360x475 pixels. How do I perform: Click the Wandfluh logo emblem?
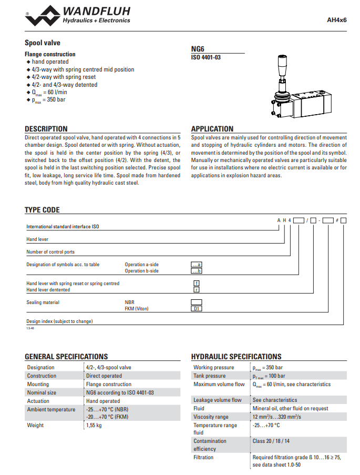(x=43, y=16)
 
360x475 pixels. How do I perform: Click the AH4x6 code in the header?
(x=336, y=20)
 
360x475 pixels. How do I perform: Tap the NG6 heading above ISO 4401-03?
(x=198, y=48)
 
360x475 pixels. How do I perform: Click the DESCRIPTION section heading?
(x=46, y=129)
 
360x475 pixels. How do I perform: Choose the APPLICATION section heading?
(x=212, y=129)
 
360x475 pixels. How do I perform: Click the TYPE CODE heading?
(x=42, y=210)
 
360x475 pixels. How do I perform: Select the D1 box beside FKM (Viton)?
(x=197, y=309)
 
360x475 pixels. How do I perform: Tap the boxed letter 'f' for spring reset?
(x=197, y=283)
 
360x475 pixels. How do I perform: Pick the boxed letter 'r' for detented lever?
(x=197, y=289)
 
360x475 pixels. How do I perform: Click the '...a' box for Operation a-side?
(x=197, y=265)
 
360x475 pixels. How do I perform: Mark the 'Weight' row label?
(x=35, y=425)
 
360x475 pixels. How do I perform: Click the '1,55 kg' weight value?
(x=94, y=425)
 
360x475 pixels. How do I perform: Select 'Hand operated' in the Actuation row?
(x=103, y=401)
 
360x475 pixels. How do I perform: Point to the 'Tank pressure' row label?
(x=209, y=376)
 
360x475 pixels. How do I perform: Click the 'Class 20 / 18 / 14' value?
(x=271, y=441)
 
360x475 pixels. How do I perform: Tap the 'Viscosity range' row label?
(x=211, y=417)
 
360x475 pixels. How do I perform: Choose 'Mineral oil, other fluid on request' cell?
(x=290, y=408)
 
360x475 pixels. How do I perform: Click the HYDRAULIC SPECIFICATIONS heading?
(x=236, y=356)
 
